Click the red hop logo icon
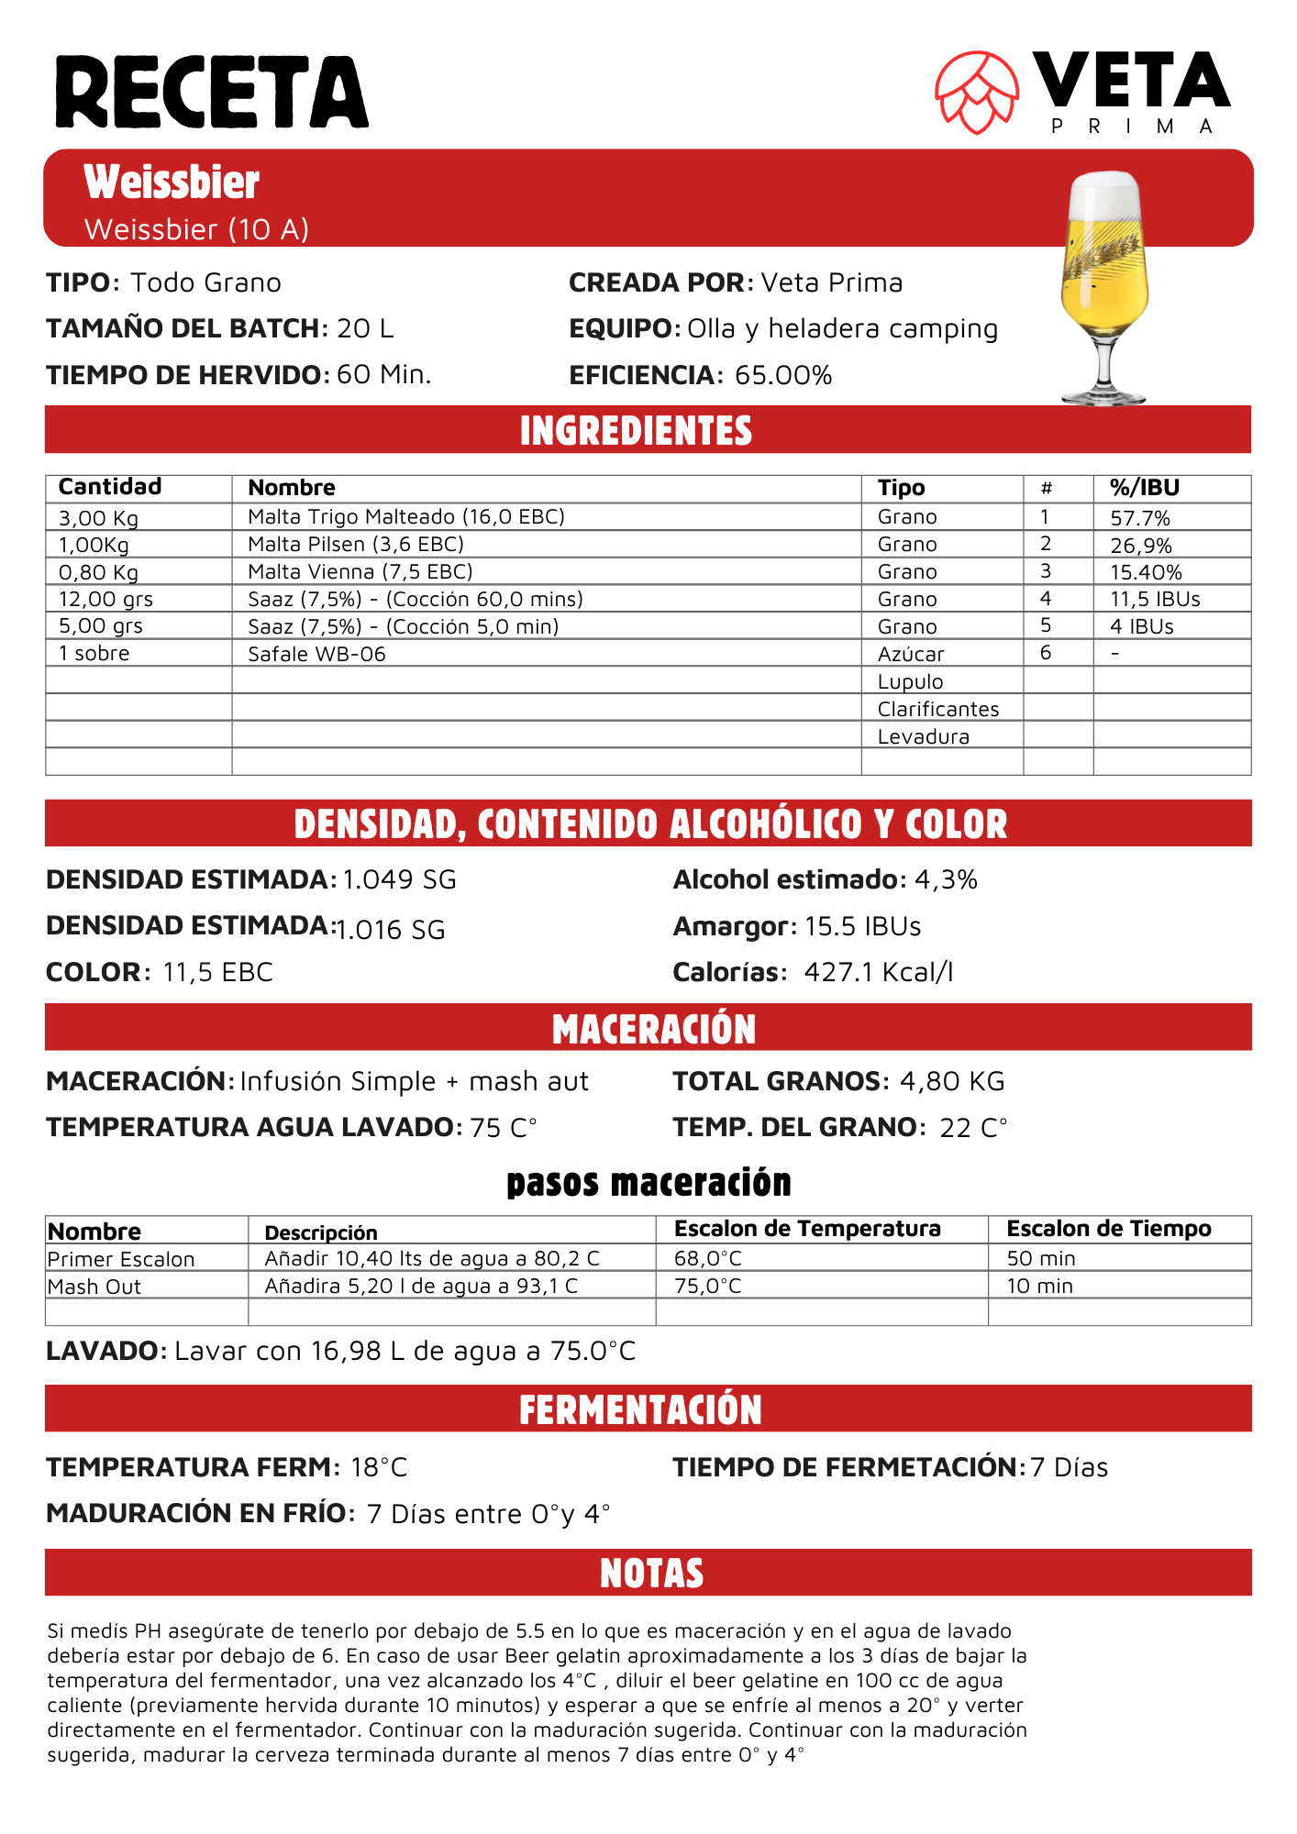(977, 92)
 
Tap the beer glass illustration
(1104, 284)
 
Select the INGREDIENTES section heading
(636, 431)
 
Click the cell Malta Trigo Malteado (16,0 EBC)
(406, 517)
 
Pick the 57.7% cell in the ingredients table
(1140, 518)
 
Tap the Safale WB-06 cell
(317, 654)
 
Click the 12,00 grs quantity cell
(106, 600)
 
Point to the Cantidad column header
(110, 487)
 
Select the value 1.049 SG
(399, 880)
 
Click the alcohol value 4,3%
(946, 880)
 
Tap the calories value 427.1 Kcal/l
(879, 973)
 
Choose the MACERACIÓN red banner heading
(653, 1029)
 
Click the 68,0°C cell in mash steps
(708, 1259)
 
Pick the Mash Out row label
(94, 1287)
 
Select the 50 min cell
(1041, 1259)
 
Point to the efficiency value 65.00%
(783, 376)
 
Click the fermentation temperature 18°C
(379, 1468)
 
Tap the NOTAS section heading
(651, 1574)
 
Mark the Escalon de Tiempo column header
(1109, 1229)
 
